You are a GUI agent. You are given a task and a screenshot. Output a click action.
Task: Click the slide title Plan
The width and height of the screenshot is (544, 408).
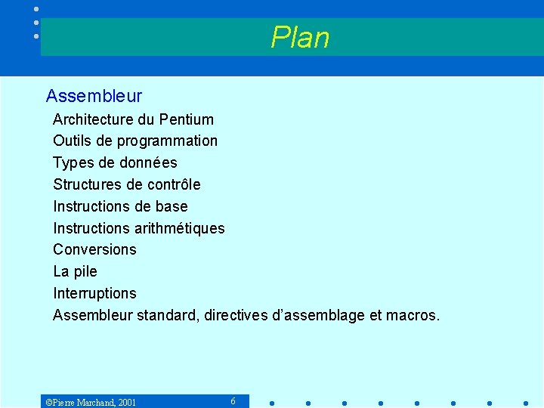tap(300, 37)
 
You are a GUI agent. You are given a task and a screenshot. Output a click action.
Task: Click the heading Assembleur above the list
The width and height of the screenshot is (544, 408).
tap(94, 96)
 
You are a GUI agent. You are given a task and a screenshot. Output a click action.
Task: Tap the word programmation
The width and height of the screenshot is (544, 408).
tap(172, 141)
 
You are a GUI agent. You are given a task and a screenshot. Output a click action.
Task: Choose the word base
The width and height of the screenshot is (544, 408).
tap(172, 206)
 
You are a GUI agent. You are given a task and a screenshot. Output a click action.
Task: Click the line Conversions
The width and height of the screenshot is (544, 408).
tap(94, 249)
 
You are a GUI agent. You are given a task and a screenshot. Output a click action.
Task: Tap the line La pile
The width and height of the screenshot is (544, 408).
tap(75, 271)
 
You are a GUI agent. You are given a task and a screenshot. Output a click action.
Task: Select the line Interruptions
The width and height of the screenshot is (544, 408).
tap(94, 293)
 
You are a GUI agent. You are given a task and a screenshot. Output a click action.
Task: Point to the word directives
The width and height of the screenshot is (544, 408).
tap(235, 315)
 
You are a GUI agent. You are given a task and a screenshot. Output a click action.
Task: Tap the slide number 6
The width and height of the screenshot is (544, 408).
tap(233, 401)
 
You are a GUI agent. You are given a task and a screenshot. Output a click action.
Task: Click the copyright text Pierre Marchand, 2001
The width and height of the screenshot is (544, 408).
tap(91, 402)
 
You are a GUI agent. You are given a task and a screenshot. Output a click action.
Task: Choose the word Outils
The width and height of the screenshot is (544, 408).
tap(72, 141)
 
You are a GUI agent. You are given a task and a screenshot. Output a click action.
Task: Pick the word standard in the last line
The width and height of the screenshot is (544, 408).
tap(168, 315)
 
